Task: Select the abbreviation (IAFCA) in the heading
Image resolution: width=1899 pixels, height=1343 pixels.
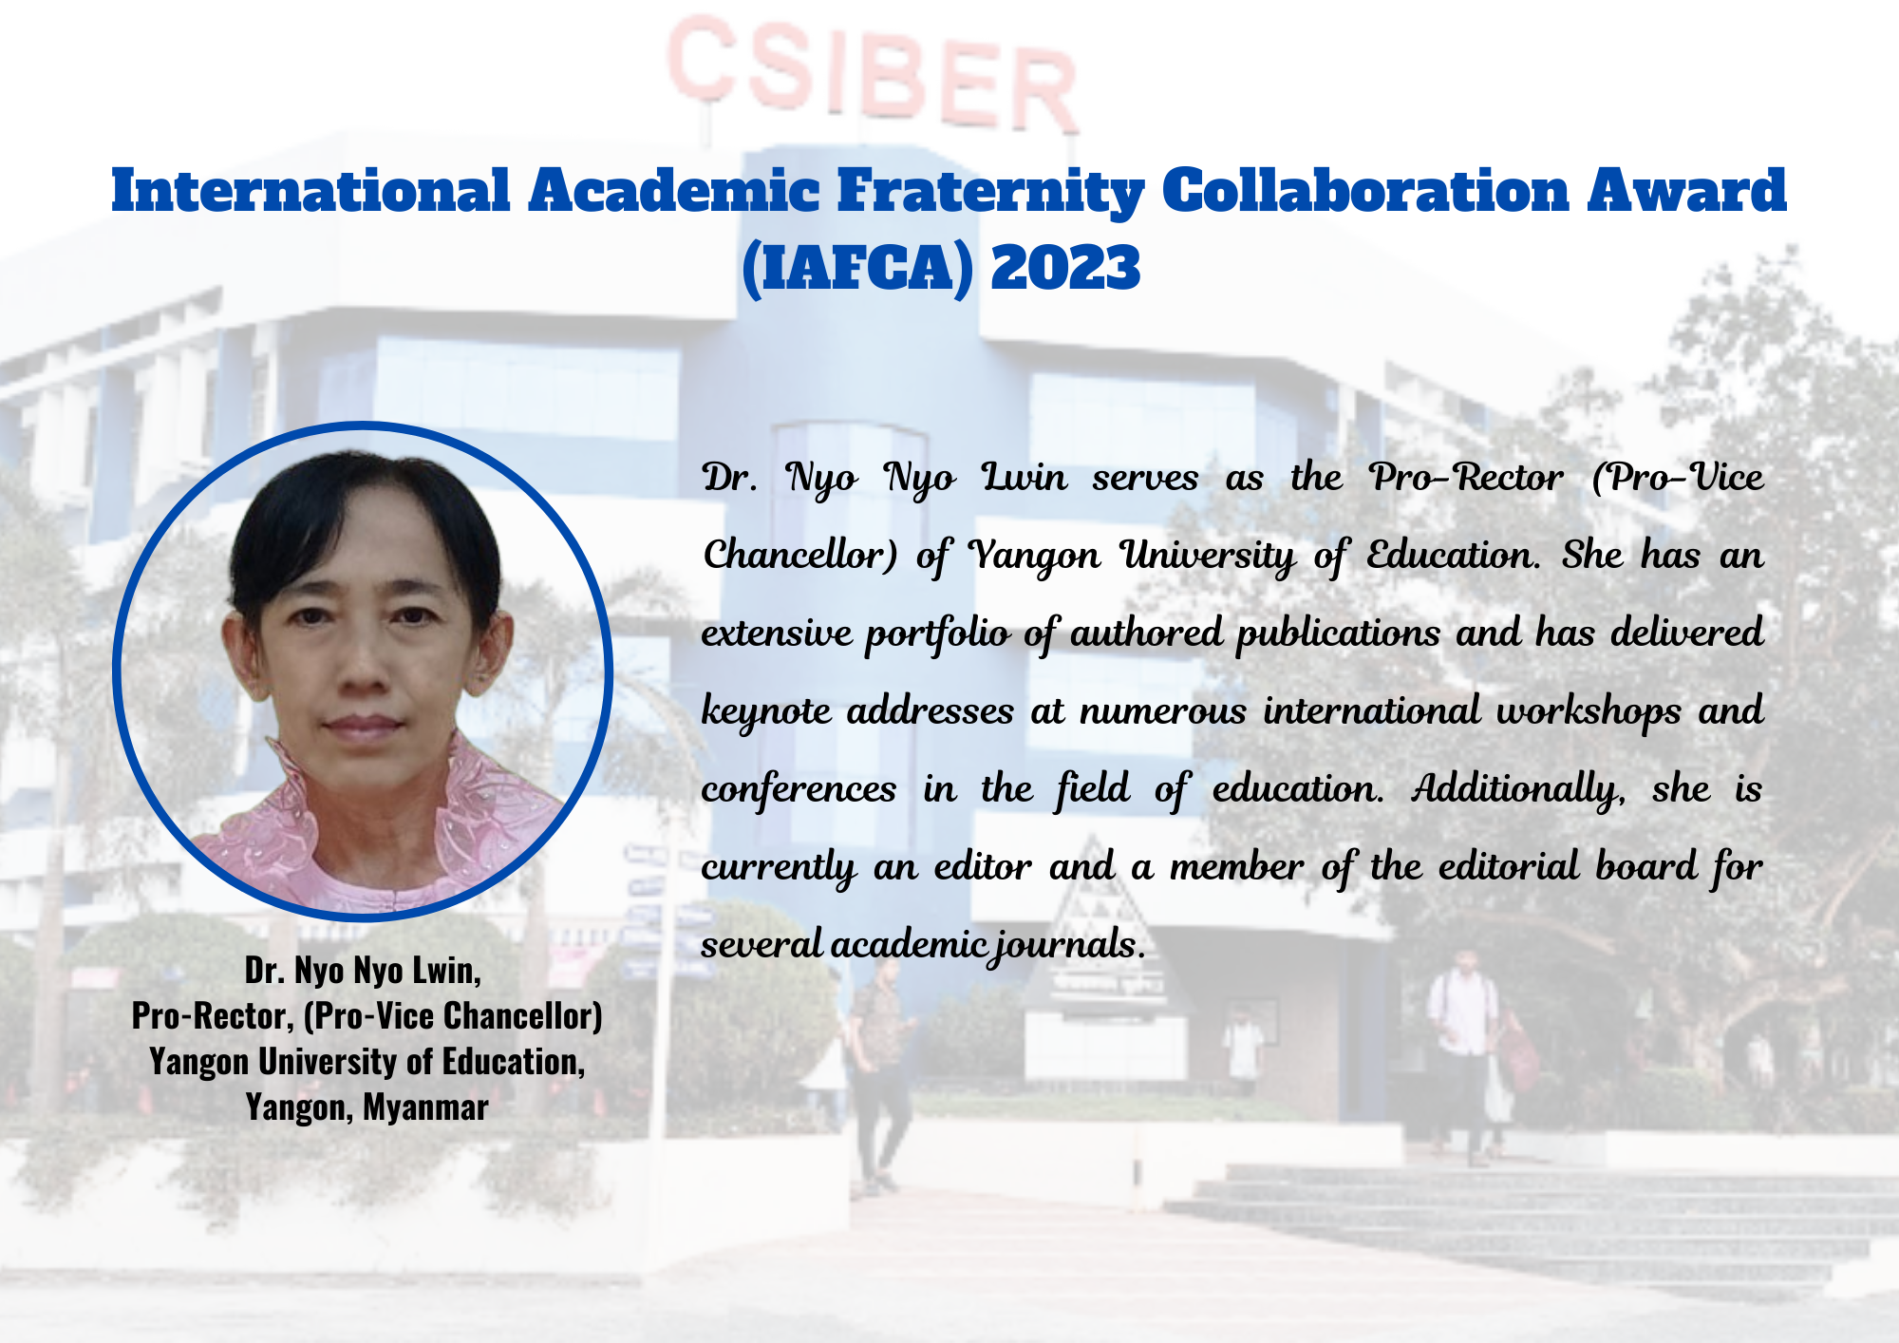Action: coord(857,269)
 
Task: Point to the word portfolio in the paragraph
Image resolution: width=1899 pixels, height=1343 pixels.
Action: coord(936,634)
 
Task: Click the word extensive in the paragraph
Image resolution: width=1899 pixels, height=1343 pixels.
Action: coord(777,634)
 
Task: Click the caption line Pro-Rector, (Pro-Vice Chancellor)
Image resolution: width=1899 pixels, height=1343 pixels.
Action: coord(367,1016)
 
